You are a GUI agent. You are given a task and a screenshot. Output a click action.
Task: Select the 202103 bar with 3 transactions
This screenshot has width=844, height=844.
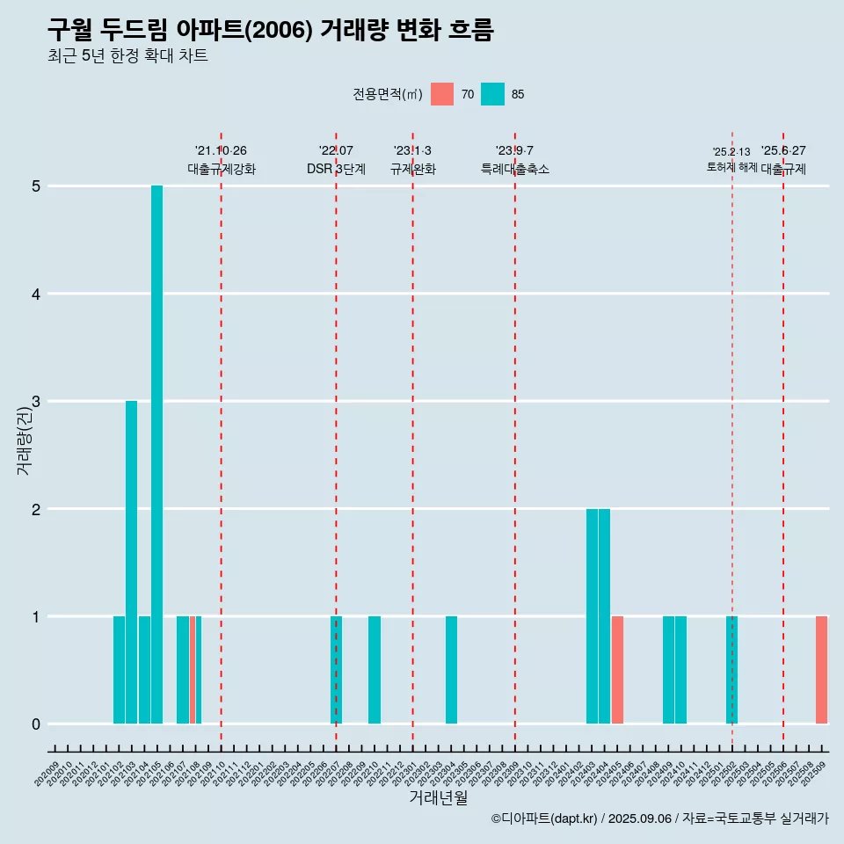131,563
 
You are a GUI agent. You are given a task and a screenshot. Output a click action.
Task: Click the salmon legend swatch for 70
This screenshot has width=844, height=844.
442,94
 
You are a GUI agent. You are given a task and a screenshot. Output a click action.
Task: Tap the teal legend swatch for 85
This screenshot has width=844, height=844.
492,94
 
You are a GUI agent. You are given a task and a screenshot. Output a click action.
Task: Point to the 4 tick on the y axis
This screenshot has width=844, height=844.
36,294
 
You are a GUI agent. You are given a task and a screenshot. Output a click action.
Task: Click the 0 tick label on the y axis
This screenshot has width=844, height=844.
36,724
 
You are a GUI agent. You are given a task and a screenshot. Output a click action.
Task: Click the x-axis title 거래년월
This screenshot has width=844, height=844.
438,797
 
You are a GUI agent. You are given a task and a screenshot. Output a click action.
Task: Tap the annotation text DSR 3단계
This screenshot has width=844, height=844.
336,169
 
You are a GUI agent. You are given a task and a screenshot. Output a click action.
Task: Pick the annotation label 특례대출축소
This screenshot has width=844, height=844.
514,169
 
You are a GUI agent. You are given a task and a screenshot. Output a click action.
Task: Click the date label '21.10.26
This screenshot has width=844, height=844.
221,151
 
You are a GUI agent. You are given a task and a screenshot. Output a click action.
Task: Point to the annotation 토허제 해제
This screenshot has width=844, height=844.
731,167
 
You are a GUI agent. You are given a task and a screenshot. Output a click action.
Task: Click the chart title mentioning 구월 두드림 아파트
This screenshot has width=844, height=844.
271,31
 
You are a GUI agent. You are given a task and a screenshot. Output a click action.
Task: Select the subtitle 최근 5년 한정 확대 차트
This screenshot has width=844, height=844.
127,56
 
